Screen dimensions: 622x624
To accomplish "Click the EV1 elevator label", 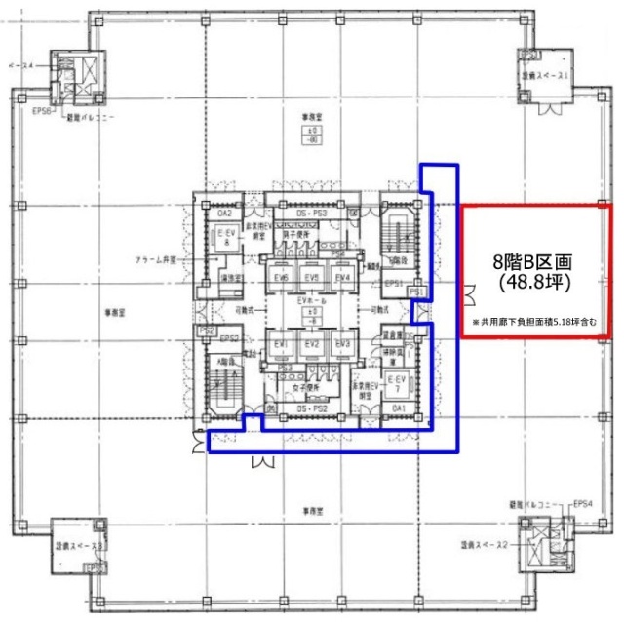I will (x=282, y=345).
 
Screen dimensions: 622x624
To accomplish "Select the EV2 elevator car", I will (x=312, y=345).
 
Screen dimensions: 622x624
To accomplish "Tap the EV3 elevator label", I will (x=341, y=345).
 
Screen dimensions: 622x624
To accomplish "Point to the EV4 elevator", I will (x=341, y=279).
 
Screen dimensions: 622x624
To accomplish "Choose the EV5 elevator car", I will (x=312, y=279).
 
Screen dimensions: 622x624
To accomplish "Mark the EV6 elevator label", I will (x=282, y=279).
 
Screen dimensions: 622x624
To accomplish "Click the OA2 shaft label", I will (x=224, y=213).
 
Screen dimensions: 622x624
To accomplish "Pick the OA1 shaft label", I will (x=398, y=408).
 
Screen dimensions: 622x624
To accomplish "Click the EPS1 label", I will (x=394, y=284).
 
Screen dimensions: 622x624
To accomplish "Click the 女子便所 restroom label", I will (x=301, y=387).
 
